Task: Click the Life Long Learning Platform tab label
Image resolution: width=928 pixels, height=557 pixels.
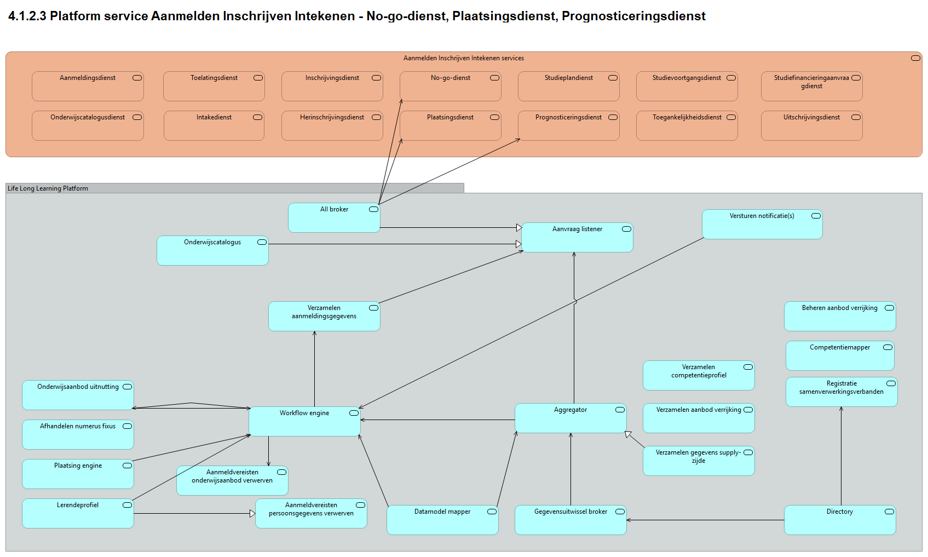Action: [x=48, y=188]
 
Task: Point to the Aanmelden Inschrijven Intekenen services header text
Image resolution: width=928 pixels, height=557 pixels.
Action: [x=464, y=58]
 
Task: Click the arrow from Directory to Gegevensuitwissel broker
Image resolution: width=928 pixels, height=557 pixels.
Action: [x=706, y=520]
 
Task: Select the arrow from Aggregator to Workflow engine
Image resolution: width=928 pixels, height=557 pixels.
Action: [x=438, y=420]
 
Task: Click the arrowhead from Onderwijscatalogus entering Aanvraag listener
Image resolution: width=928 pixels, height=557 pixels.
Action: [x=518, y=244]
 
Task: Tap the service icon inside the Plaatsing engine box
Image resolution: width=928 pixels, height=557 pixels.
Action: [x=127, y=466]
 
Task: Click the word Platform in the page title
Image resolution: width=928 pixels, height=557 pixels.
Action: [x=75, y=16]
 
